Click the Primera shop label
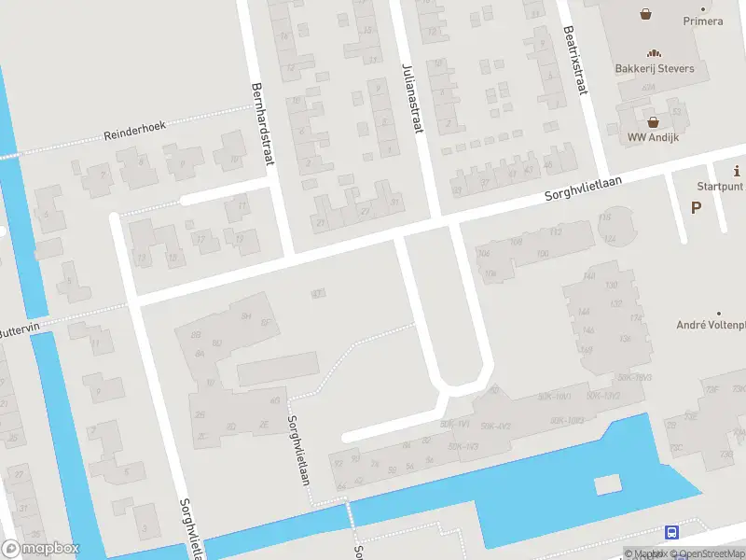tap(702, 21)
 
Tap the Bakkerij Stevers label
tap(654, 68)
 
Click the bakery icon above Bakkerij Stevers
tap(654, 53)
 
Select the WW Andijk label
tap(653, 136)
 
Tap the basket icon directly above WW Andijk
tap(653, 121)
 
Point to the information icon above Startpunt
tap(738, 171)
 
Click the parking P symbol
tap(696, 207)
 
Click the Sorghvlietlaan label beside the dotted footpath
tap(298, 451)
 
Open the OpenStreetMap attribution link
tap(711, 553)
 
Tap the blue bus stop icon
tap(671, 532)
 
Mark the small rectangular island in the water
tap(607, 484)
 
